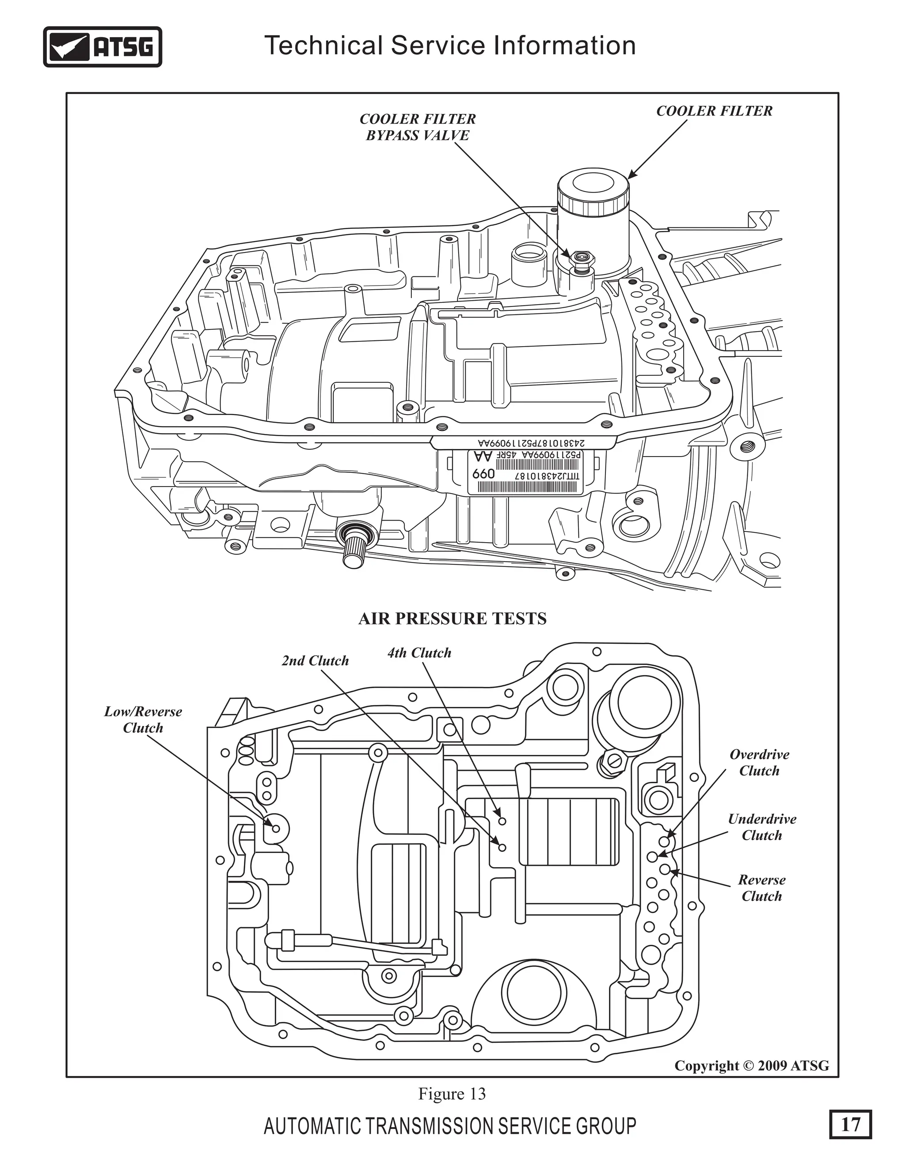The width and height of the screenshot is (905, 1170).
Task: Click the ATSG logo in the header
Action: point(103,47)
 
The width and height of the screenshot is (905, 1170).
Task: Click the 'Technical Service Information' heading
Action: point(450,45)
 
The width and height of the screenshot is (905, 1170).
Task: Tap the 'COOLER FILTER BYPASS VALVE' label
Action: point(417,127)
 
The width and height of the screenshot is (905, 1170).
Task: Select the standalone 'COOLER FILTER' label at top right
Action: point(714,111)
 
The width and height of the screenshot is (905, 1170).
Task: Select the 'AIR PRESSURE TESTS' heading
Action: point(452,619)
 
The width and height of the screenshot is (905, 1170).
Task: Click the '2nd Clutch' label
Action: point(315,660)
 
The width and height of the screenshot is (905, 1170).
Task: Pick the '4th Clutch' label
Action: point(419,653)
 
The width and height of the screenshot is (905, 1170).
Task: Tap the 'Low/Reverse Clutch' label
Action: point(143,720)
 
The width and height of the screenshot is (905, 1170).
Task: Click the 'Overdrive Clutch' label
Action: point(759,762)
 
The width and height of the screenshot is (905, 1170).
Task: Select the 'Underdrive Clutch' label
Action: point(762,827)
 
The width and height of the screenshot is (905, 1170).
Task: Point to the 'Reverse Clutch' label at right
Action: point(762,888)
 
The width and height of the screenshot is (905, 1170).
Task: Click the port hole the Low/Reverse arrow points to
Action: point(276,828)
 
